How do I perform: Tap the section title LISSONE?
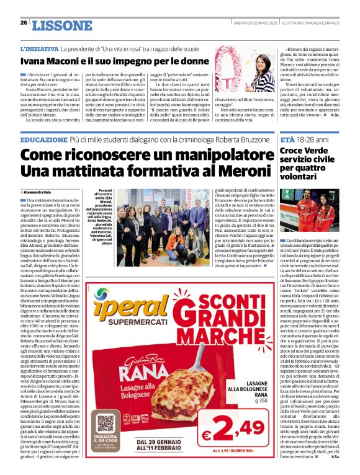tap(56, 25)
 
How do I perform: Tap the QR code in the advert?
tap(106, 424)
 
